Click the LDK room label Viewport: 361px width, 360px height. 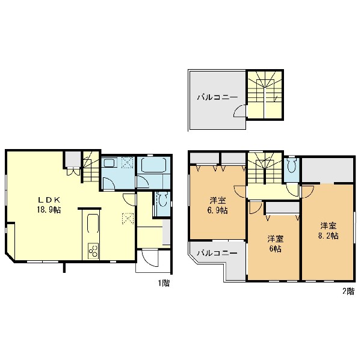[x=49, y=200]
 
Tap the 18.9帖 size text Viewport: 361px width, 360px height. [x=49, y=210]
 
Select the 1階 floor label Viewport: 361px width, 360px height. [x=164, y=283]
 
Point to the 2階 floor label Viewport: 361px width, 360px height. [x=348, y=291]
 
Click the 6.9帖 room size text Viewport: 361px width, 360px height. [x=218, y=210]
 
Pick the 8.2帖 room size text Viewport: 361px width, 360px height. [x=329, y=236]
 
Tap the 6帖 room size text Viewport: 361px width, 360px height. [x=276, y=249]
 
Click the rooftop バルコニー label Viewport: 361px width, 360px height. [x=217, y=97]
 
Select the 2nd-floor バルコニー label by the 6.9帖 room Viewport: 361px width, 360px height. [x=217, y=253]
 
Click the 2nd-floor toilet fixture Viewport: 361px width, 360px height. [x=292, y=165]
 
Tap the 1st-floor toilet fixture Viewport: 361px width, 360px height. [x=162, y=199]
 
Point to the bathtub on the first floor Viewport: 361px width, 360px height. [x=153, y=165]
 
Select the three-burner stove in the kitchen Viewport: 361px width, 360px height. [x=93, y=251]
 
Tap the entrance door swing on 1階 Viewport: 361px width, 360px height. [x=150, y=258]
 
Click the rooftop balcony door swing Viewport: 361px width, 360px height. [x=240, y=111]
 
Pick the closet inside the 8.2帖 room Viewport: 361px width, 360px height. [x=327, y=170]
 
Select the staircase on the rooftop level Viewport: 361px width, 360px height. [x=265, y=94]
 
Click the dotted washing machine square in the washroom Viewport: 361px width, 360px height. [x=128, y=163]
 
